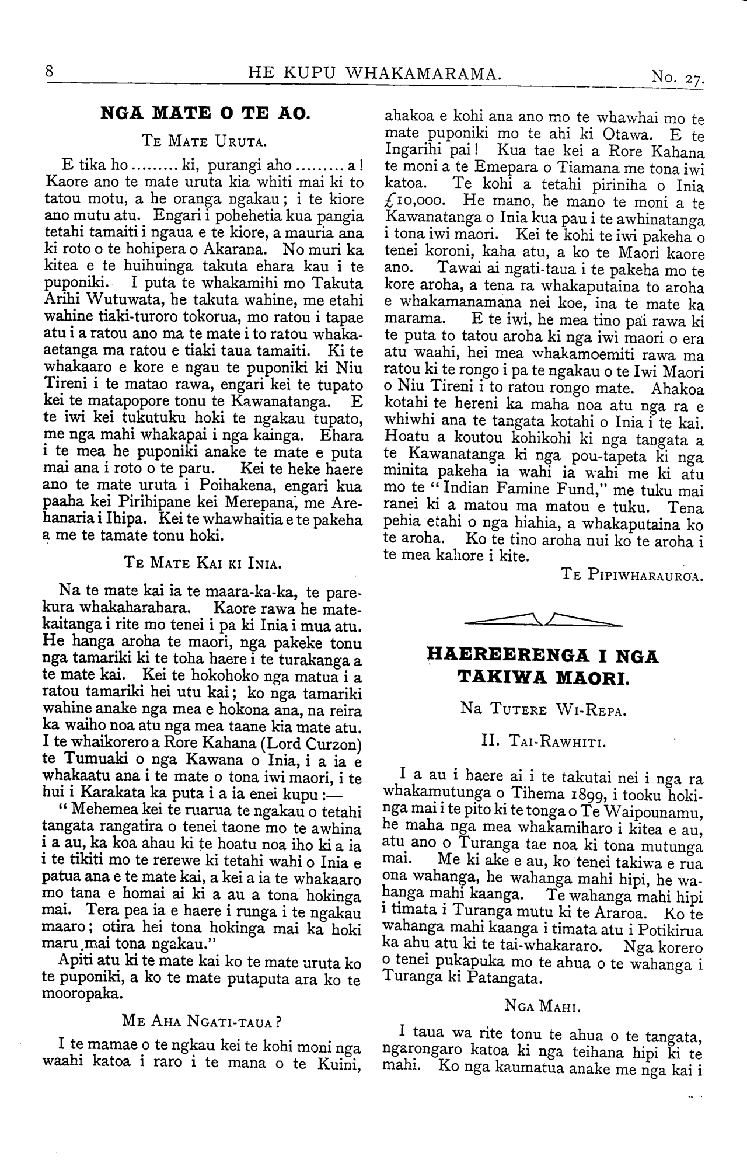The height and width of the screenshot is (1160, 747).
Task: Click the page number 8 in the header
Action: click(x=50, y=72)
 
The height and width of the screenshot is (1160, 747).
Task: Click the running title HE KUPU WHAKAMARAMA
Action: click(x=375, y=73)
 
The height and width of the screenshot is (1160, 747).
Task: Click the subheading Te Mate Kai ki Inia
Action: click(x=204, y=563)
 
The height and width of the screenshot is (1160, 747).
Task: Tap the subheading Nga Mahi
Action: click(x=543, y=1005)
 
